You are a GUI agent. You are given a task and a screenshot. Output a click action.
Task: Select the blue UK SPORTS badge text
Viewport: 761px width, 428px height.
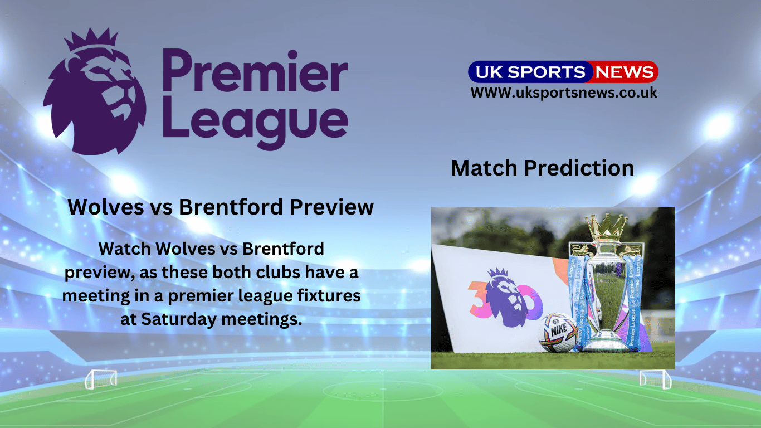[x=527, y=72]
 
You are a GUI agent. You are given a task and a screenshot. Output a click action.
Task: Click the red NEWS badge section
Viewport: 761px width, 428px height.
[x=624, y=72]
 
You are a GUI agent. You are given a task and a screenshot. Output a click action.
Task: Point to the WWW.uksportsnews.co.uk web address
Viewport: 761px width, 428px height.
[x=564, y=93]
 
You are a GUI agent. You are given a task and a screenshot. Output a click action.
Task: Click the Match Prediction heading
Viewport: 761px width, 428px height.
[x=542, y=168]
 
